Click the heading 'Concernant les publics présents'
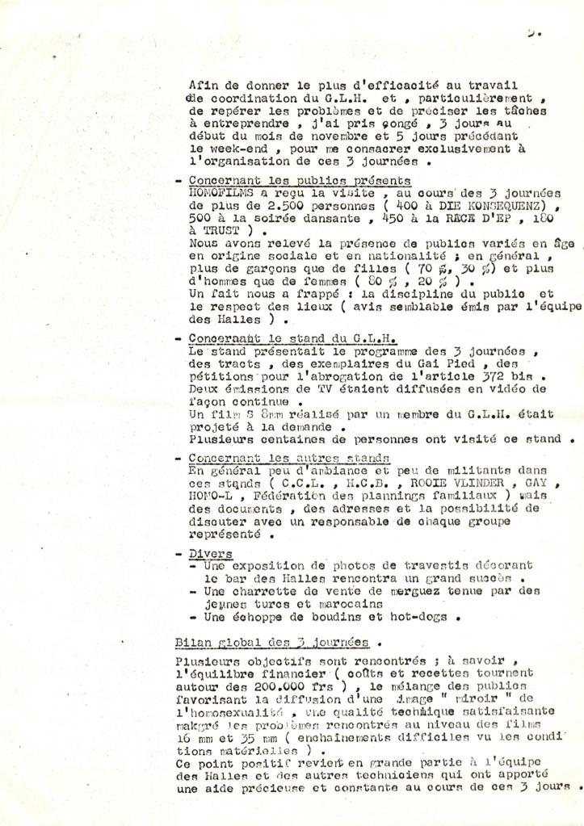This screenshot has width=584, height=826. [x=300, y=182]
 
